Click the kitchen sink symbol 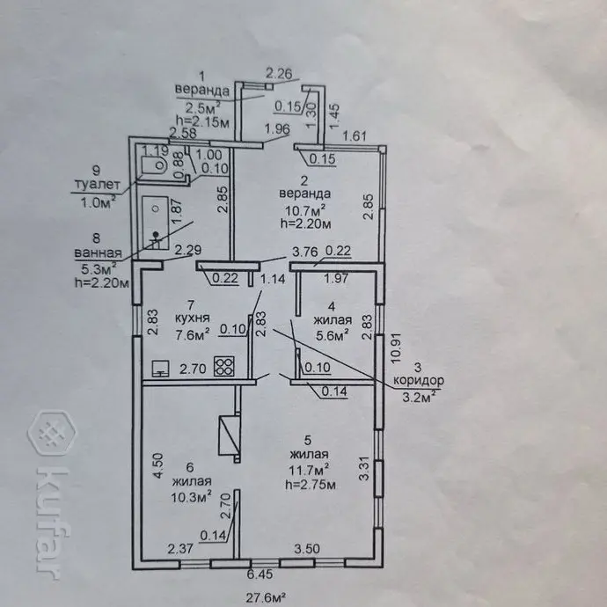(161, 368)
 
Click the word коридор (418, 381)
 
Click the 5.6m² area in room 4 (333, 333)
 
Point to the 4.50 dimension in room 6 (157, 464)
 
